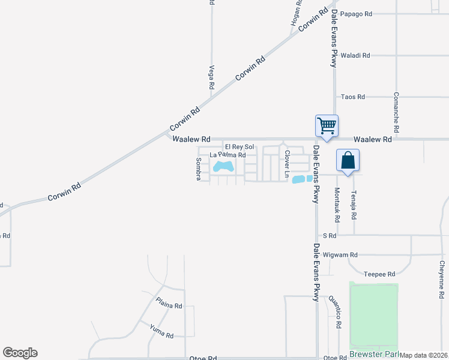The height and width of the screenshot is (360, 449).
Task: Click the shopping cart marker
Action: tap(327, 126)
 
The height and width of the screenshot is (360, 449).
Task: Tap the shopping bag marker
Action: tap(348, 160)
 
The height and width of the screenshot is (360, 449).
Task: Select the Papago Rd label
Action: tap(356, 13)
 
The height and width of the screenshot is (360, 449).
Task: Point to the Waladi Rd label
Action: tap(355, 55)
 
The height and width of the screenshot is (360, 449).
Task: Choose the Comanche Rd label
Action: tap(396, 113)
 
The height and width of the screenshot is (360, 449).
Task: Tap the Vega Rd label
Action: tap(211, 77)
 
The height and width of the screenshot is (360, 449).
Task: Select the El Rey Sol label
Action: tap(240, 146)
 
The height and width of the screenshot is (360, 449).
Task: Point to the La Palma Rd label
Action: tap(228, 155)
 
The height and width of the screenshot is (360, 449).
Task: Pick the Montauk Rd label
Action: tap(337, 202)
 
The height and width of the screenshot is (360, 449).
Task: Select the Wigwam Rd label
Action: tap(340, 254)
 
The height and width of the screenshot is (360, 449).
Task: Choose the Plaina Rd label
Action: tap(169, 303)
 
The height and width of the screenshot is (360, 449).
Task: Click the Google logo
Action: tap(20, 353)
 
